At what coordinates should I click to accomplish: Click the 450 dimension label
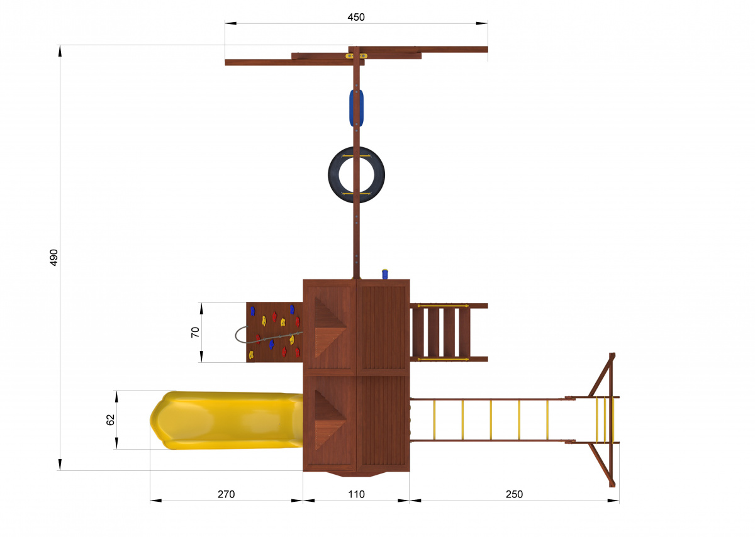(356, 17)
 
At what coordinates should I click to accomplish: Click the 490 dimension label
(54, 258)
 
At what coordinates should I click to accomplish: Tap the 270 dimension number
(226, 494)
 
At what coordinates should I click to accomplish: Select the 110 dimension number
(356, 494)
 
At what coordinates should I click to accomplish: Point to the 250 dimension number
(515, 494)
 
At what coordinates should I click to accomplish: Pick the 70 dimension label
(196, 332)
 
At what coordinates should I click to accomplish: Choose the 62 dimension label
(111, 420)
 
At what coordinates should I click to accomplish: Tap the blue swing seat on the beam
(356, 108)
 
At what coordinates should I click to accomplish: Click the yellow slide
(226, 420)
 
